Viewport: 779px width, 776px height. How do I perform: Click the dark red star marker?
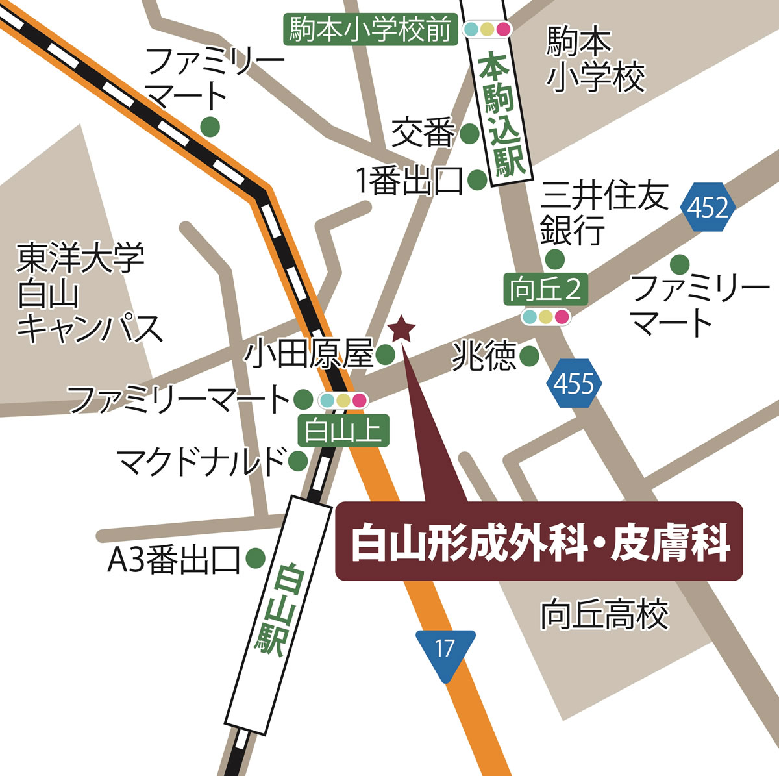pos(402,329)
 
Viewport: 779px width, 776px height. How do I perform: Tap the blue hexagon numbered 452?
pos(708,208)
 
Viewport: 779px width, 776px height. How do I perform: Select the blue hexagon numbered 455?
pos(574,384)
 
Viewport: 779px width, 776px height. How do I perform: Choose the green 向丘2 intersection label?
pos(546,290)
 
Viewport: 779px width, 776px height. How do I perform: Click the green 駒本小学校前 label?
pos(371,30)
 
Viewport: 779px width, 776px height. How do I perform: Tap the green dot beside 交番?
pos(469,134)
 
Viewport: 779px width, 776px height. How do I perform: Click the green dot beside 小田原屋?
pos(386,354)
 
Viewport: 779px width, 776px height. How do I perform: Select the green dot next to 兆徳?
pos(530,355)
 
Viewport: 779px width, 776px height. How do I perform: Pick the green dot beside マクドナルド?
pos(298,460)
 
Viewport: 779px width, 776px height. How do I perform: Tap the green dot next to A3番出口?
pos(255,557)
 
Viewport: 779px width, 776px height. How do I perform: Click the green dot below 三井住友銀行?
pos(555,259)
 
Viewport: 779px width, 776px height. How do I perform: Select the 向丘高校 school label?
pos(604,614)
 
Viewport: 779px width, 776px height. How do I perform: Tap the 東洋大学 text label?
pos(80,258)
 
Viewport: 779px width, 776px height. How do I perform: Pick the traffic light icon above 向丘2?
pos(546,317)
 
